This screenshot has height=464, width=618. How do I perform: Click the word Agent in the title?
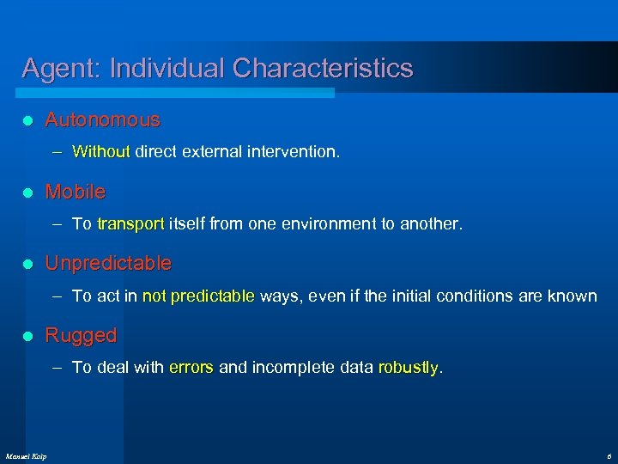coord(53,69)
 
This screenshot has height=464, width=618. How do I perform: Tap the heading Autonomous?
coord(102,119)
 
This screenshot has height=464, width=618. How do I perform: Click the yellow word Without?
coord(100,152)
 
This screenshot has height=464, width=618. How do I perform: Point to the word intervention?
coord(297,152)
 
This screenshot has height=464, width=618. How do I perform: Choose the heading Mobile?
coord(76,191)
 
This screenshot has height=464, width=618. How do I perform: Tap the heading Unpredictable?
coord(108,263)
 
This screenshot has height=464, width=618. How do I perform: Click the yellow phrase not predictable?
coord(198,296)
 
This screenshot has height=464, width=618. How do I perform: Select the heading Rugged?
coord(81,335)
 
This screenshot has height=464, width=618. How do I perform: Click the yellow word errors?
coord(191,368)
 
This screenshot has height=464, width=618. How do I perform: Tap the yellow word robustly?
coord(408,368)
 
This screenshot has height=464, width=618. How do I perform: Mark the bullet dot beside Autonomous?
coord(27,120)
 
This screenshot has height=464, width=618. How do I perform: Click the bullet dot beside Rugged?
coord(27,336)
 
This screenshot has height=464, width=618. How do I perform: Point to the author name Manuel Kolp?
coord(26,455)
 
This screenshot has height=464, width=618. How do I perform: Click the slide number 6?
coord(608,455)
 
